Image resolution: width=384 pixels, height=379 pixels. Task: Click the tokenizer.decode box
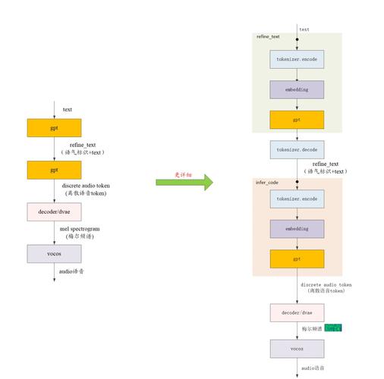pos(297,149)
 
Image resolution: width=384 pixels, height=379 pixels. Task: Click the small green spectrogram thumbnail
pos(332,327)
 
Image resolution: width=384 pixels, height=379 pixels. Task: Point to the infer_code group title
pos(267,182)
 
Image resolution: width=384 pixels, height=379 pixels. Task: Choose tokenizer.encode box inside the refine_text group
pos(297,58)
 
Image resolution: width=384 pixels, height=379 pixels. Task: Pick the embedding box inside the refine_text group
pos(297,89)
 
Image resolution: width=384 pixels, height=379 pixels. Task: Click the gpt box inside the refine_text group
pos(297,119)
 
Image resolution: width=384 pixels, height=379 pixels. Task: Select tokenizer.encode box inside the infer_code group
pos(297,199)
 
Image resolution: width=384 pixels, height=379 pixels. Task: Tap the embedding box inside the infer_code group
pos(297,228)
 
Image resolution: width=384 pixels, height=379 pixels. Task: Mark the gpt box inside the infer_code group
pos(297,258)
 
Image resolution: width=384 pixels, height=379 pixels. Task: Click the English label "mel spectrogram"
pos(80,229)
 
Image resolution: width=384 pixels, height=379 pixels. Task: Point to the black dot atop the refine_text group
pos(297,39)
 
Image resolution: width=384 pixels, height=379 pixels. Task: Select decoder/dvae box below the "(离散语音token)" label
pos(54,211)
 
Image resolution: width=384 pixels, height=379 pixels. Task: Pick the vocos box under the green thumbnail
pos(297,348)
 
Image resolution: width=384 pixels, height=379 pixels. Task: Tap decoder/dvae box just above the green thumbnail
pos(297,312)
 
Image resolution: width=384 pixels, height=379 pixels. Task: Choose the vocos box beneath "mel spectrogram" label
pos(54,253)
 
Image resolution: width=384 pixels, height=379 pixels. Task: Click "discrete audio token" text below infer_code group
pos(326,285)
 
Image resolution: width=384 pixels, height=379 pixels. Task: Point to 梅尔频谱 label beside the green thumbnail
pos(312,328)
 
